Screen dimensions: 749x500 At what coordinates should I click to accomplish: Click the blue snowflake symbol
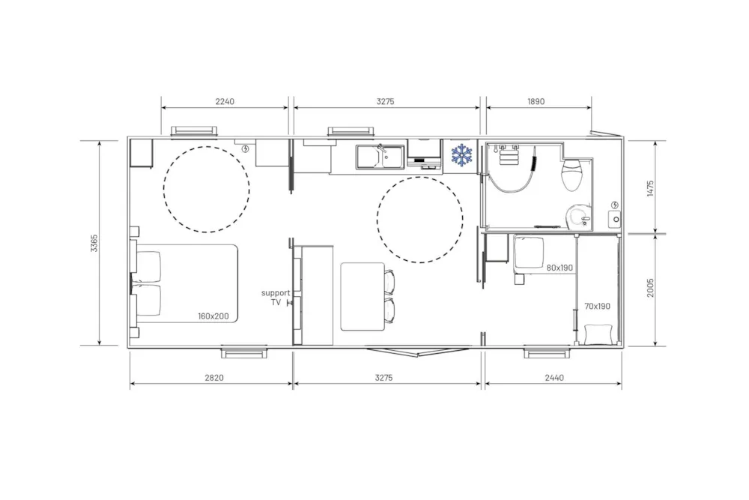tap(462, 155)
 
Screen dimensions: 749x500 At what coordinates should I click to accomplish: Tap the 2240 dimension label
tap(225, 101)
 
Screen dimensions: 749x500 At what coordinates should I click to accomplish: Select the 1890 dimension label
tap(536, 101)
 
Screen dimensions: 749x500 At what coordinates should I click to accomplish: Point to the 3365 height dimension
tap(94, 244)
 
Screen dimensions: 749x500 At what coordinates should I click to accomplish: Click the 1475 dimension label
tap(650, 188)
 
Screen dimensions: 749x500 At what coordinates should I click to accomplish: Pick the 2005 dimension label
tap(650, 289)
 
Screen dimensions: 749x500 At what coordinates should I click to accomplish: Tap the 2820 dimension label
tap(214, 378)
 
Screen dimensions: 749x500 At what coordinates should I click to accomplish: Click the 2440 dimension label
tap(554, 378)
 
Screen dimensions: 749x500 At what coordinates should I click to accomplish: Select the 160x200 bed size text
tap(213, 316)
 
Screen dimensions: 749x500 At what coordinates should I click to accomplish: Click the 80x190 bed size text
tap(560, 268)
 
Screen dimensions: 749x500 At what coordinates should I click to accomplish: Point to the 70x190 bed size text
tap(597, 306)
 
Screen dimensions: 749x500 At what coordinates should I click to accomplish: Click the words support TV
tap(276, 298)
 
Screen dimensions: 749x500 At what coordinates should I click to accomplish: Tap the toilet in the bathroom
tap(572, 174)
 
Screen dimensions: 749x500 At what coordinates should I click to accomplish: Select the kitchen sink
tap(380, 157)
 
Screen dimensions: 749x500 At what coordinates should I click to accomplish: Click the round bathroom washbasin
tap(580, 217)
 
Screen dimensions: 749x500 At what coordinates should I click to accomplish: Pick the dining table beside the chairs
tap(363, 296)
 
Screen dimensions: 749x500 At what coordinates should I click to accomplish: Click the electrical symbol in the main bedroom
tap(246, 148)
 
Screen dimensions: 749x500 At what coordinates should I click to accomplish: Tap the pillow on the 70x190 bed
tap(598, 334)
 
